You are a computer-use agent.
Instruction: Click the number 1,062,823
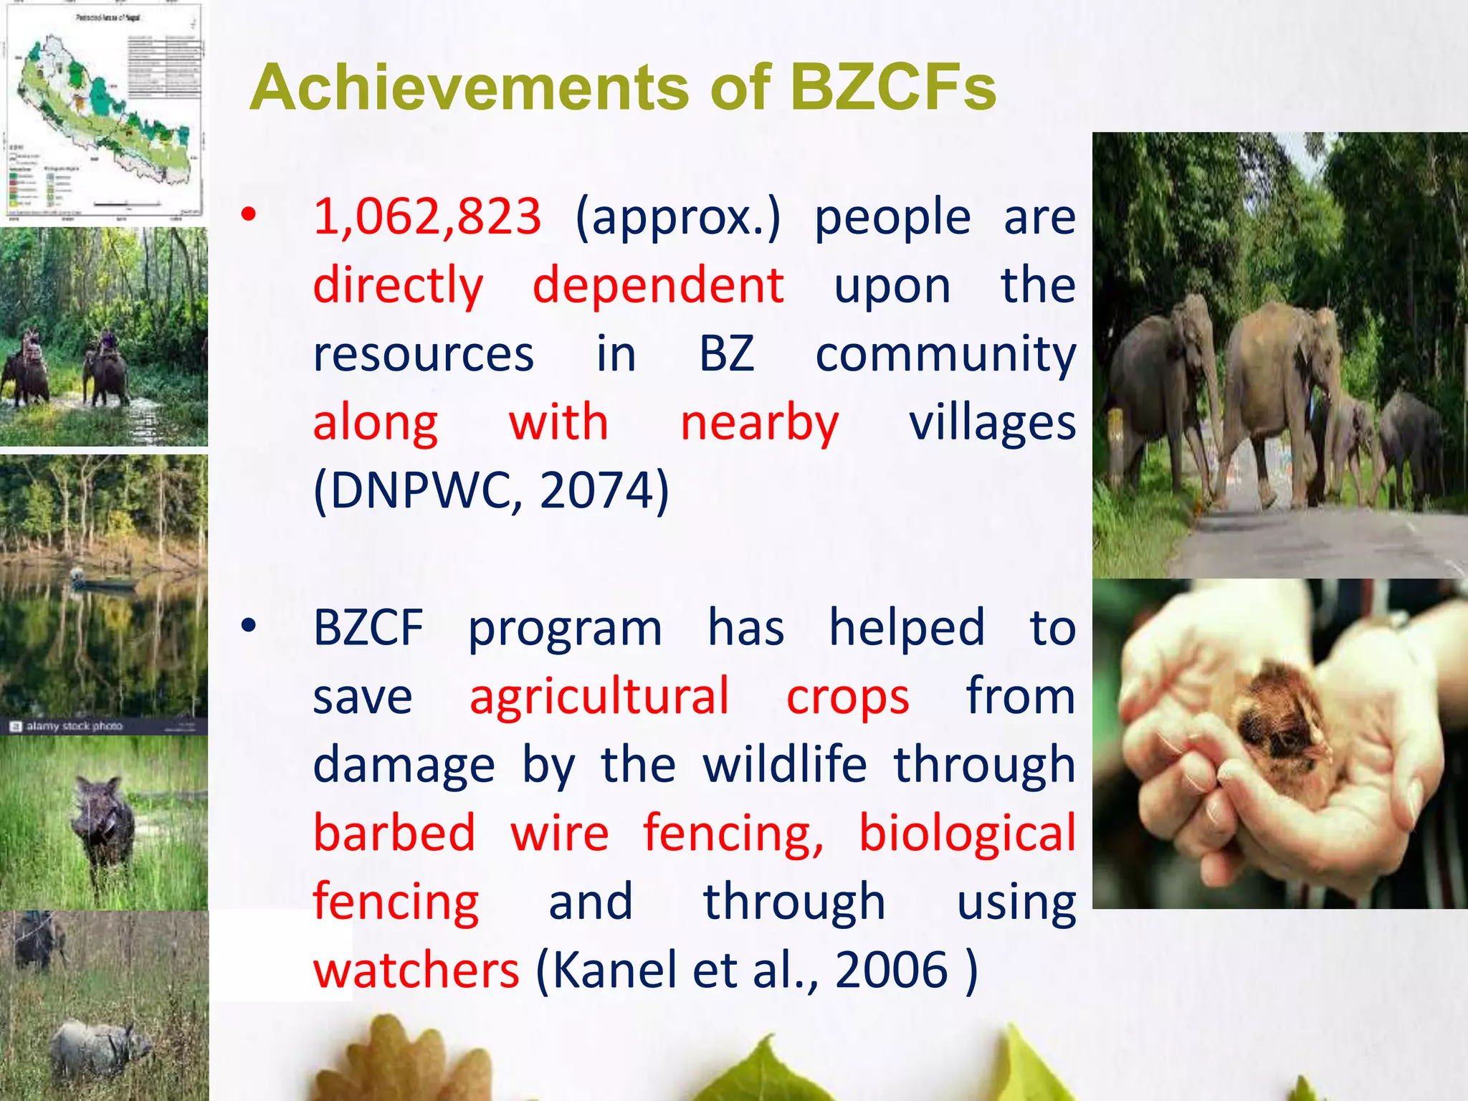427,216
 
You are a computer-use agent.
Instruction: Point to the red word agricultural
599,696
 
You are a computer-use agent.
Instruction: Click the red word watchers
416,970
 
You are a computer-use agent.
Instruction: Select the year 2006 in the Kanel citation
892,970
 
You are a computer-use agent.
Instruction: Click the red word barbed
394,833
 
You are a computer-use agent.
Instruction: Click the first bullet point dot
248,214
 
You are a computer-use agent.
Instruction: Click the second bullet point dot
248,626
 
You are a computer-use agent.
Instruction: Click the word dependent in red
658,285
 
